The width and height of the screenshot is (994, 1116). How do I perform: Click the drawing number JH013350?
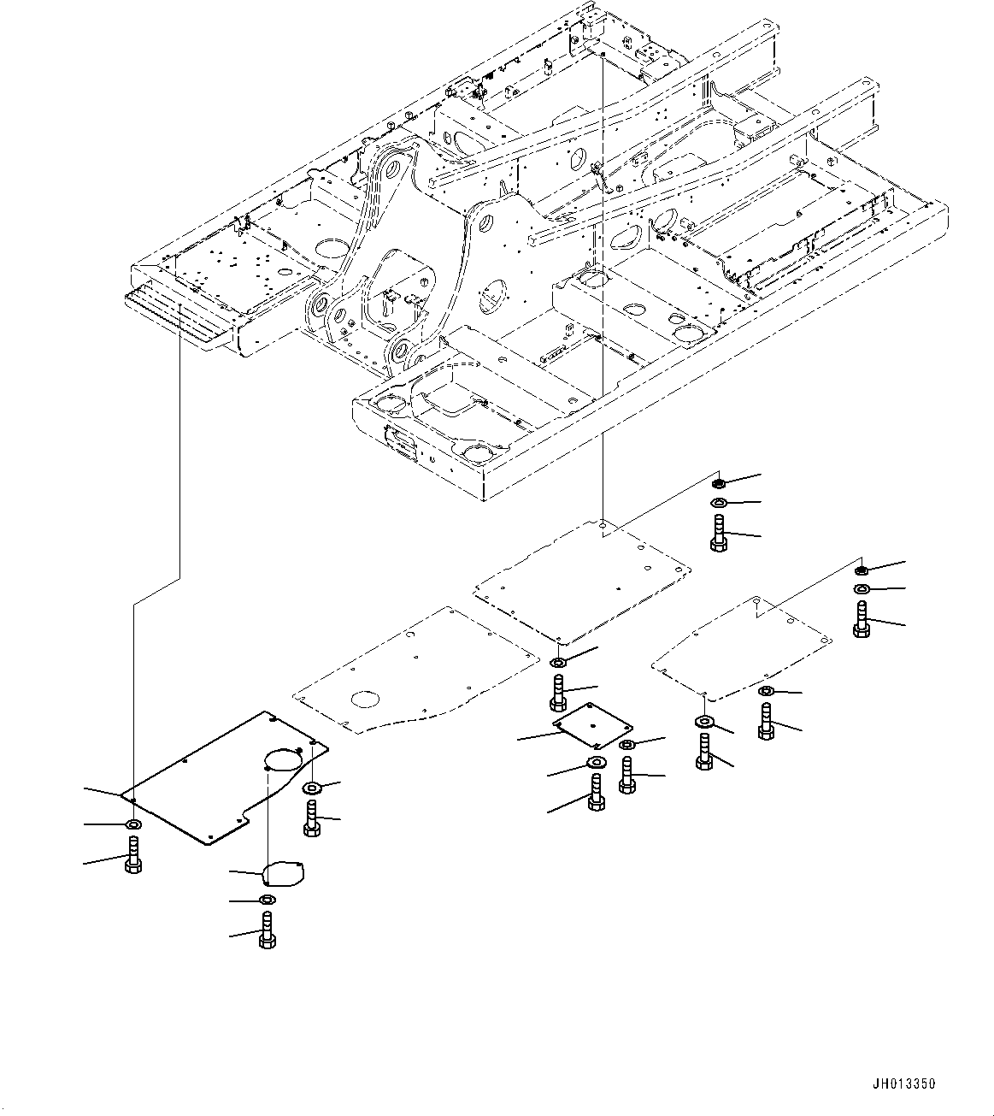coord(904,1084)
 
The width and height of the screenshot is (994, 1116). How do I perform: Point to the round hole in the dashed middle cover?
coord(365,699)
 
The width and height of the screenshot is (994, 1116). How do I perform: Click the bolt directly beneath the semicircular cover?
coord(268,929)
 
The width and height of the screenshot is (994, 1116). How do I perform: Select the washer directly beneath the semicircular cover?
coord(267,900)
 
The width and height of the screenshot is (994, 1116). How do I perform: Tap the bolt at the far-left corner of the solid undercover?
coord(133,855)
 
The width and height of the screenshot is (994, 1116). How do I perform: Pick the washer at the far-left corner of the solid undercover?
coord(133,824)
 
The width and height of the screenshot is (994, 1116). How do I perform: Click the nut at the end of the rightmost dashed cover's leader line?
coord(862,570)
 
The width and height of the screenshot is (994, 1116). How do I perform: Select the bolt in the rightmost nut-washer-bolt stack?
coord(862,619)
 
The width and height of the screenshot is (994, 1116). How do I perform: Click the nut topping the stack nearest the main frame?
coord(719,484)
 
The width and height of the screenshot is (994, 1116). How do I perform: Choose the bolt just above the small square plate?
coord(558,692)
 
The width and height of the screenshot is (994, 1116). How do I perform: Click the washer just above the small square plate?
coord(558,663)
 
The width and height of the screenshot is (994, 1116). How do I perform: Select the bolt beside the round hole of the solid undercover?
coord(312,818)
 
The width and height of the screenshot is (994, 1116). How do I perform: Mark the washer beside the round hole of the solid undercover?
coord(312,788)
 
